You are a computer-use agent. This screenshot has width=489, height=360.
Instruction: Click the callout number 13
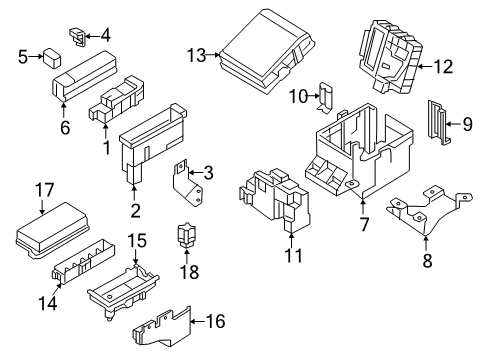click(x=195, y=55)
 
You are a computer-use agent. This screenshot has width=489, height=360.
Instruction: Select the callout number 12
click(x=442, y=66)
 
